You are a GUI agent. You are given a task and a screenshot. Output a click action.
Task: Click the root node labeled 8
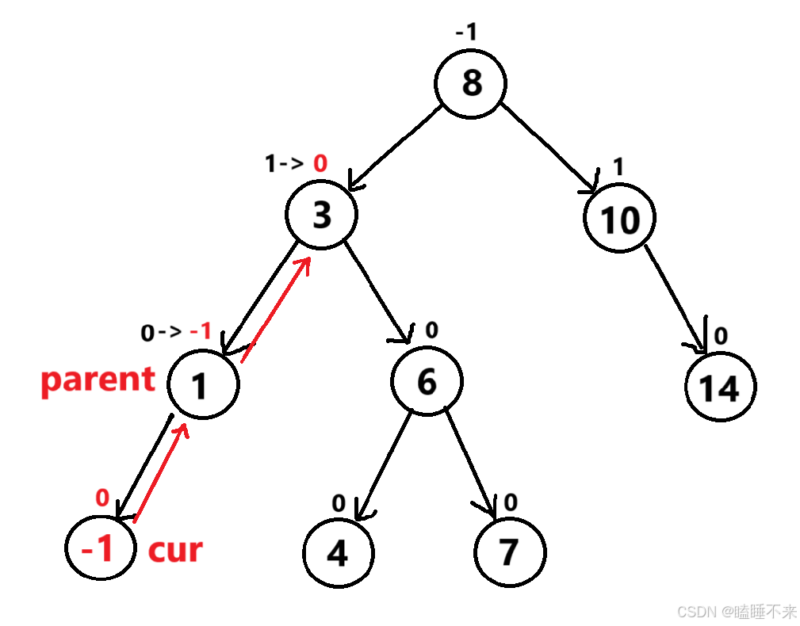click(x=470, y=82)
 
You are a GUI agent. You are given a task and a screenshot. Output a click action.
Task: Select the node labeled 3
click(x=321, y=215)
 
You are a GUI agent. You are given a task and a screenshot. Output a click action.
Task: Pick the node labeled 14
click(x=721, y=387)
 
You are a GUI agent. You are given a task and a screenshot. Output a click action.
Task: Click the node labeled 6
click(x=426, y=382)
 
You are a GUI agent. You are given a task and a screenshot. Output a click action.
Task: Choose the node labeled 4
click(x=338, y=552)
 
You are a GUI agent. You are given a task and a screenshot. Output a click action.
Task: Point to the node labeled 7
click(x=510, y=552)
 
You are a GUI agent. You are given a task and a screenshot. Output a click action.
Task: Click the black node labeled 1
click(x=201, y=385)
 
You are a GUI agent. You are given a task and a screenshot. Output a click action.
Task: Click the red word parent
click(x=98, y=380)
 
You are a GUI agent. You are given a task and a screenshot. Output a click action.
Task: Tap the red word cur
click(x=175, y=549)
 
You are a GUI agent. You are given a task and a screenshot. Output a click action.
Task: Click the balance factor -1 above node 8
click(x=465, y=33)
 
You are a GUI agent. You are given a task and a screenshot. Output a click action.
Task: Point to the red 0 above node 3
click(x=320, y=164)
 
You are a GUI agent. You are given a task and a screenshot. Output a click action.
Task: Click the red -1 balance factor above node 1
click(x=201, y=330)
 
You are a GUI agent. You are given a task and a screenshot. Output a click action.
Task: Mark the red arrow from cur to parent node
click(x=162, y=472)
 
